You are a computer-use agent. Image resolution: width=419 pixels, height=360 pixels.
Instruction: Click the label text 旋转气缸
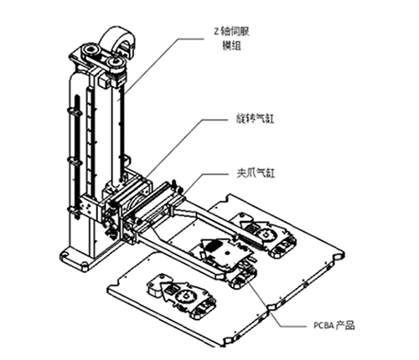(255, 119)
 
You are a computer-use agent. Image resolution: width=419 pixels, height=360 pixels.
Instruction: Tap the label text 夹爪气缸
(256, 173)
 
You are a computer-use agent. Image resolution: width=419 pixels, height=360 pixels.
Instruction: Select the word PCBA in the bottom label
(323, 326)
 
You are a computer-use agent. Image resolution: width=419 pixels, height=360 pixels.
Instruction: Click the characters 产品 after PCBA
(345, 325)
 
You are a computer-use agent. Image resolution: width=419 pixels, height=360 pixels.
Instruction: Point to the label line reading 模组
(231, 45)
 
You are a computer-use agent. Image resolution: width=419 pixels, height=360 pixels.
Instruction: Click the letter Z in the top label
(216, 32)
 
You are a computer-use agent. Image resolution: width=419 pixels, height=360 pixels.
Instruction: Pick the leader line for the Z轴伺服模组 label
(162, 66)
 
